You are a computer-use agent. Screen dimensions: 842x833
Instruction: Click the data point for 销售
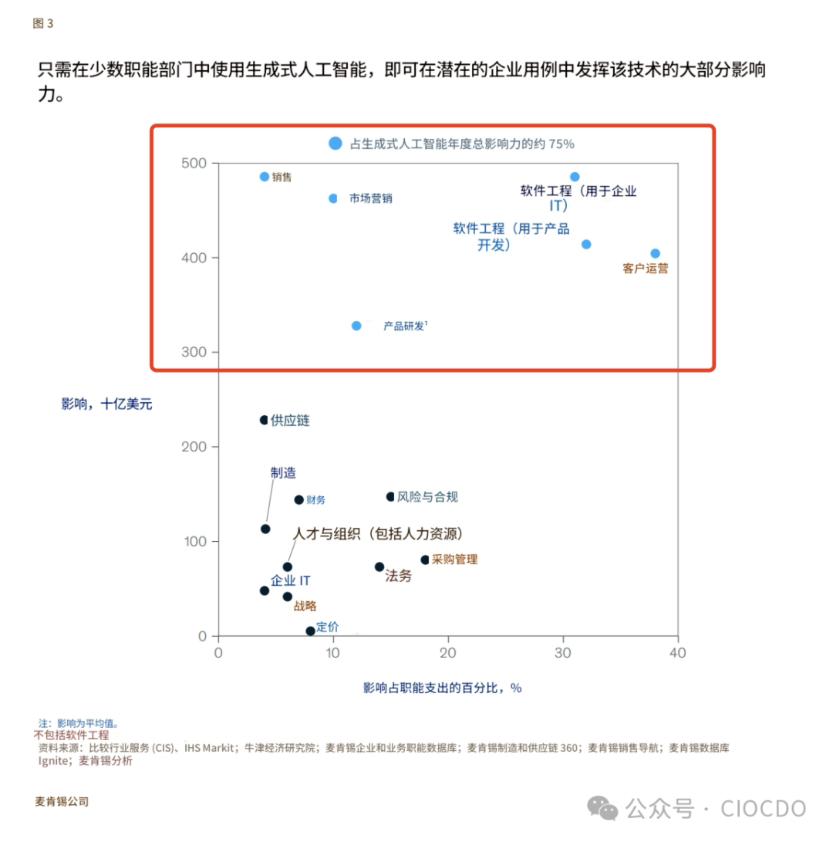[265, 177]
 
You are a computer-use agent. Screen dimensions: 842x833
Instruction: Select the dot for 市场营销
[333, 198]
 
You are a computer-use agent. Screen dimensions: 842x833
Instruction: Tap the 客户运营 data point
[655, 253]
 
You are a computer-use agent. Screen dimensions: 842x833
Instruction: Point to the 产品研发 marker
[356, 326]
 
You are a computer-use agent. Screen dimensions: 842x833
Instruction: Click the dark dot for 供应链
[264, 420]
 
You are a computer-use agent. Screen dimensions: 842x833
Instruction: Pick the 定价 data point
[310, 631]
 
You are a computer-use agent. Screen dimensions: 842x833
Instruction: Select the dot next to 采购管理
[425, 560]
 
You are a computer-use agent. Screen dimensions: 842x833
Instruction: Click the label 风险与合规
[427, 497]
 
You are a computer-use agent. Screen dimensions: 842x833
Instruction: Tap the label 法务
[398, 576]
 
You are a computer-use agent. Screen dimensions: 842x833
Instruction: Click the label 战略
[305, 606]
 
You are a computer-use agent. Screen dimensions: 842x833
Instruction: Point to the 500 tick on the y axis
[195, 163]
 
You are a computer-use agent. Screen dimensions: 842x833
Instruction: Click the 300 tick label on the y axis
[195, 352]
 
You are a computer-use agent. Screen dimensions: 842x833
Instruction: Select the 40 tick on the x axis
[677, 653]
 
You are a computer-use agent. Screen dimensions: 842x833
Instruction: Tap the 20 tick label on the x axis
[448, 653]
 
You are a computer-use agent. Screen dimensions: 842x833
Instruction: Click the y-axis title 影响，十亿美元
[107, 404]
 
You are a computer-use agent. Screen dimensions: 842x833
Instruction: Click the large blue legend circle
[335, 143]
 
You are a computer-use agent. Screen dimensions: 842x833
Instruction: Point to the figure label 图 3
[43, 23]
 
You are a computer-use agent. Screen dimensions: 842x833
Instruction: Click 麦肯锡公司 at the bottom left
[62, 801]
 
